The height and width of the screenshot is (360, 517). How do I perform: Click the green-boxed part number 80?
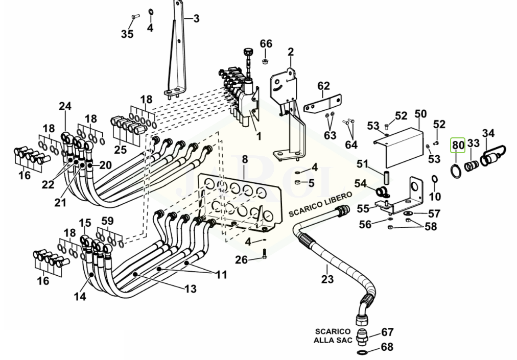click(458, 145)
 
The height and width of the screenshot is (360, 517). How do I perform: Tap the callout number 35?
click(127, 34)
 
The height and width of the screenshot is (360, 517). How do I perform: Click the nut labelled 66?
click(264, 61)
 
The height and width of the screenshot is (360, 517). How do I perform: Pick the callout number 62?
click(323, 86)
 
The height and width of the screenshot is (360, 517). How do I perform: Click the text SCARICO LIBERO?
click(320, 205)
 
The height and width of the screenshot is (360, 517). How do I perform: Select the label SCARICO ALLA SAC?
click(333, 335)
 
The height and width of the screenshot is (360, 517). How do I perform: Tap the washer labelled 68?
click(363, 352)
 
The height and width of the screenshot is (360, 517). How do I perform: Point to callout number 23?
click(327, 279)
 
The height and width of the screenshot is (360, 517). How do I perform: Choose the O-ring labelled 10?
click(435, 179)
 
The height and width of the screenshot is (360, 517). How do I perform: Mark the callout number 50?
click(420, 114)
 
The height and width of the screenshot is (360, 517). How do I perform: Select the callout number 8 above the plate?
click(245, 159)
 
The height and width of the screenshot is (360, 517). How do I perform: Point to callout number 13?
click(191, 289)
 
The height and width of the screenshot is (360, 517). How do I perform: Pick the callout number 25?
click(121, 150)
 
